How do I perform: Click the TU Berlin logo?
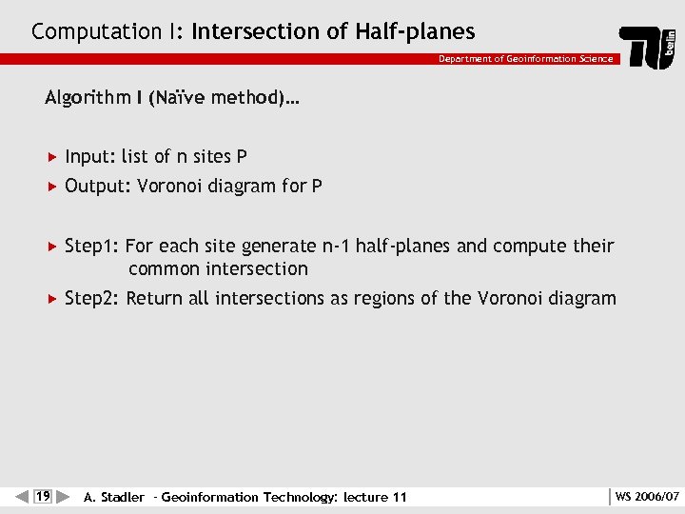[x=649, y=47]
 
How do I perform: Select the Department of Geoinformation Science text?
[x=525, y=59]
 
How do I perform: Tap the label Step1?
[x=91, y=247]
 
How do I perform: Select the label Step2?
[x=92, y=299]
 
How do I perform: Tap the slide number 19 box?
[x=42, y=496]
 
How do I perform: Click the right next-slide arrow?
[x=64, y=496]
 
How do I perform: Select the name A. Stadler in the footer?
[x=114, y=497]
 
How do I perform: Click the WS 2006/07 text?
[x=647, y=497]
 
